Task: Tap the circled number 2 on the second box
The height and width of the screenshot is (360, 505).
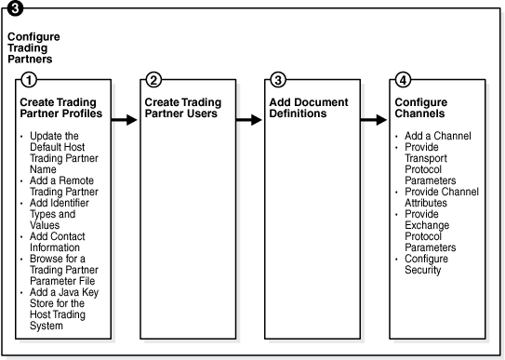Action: coord(153,80)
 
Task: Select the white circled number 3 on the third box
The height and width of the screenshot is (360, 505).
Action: coord(278,80)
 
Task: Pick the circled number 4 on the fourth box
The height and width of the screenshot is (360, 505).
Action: coord(403,80)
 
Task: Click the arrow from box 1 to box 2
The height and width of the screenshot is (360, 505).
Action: coord(123,119)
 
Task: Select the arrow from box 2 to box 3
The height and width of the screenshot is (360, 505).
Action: coord(247,119)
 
